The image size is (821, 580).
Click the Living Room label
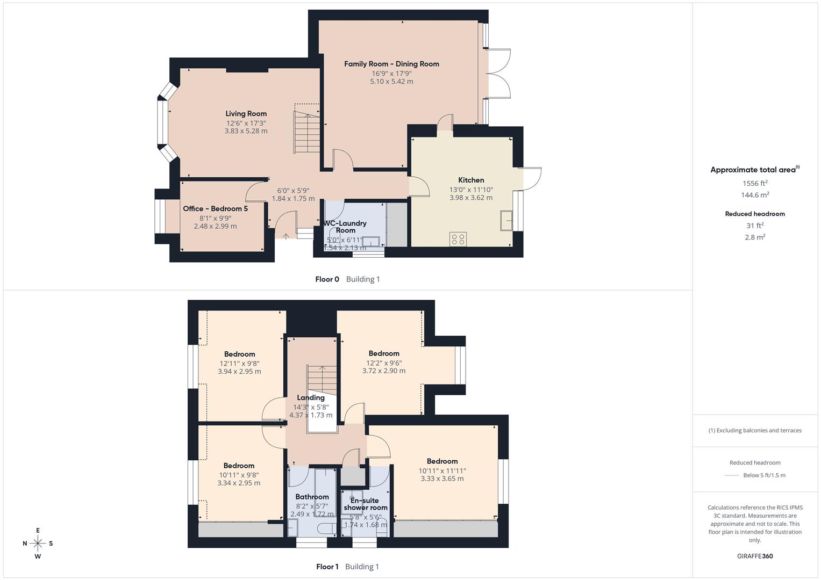click(246, 114)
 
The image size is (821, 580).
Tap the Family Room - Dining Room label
click(391, 64)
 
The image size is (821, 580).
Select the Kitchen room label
click(471, 180)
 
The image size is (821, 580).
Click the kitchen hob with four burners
click(458, 239)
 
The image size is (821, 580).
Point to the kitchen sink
click(505, 220)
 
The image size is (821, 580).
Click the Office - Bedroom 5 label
click(215, 209)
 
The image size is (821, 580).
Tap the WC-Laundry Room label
click(345, 227)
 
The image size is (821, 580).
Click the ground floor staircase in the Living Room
click(308, 132)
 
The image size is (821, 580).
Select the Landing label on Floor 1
click(311, 398)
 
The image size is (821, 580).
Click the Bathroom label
click(312, 497)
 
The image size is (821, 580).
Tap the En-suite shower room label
click(366, 504)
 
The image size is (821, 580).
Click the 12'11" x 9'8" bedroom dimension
click(239, 363)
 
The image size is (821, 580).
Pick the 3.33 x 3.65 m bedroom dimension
click(442, 479)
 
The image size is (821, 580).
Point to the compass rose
click(38, 543)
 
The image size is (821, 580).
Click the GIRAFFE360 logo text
click(755, 556)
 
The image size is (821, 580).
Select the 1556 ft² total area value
click(755, 184)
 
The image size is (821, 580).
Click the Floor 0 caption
click(327, 279)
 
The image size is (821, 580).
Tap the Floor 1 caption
click(327, 567)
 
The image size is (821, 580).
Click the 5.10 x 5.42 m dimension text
click(391, 82)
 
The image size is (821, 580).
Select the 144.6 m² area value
click(755, 195)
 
